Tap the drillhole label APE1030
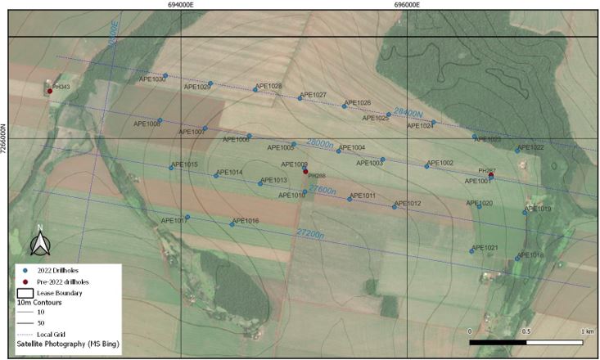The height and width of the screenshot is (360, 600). [x=151, y=79]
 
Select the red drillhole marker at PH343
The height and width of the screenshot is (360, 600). [x=49, y=91]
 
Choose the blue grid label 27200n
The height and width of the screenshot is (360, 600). [x=311, y=233]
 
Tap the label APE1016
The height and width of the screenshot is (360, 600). [x=246, y=221]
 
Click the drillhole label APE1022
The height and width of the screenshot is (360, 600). [x=530, y=147]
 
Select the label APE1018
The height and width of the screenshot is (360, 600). [x=530, y=255]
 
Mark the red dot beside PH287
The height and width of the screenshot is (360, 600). [x=491, y=175]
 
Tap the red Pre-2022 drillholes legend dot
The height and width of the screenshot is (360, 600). [x=25, y=281]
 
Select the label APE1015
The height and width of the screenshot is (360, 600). [x=185, y=164]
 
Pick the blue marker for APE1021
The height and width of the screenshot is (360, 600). [x=472, y=250]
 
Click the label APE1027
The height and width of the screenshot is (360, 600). [x=313, y=95]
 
